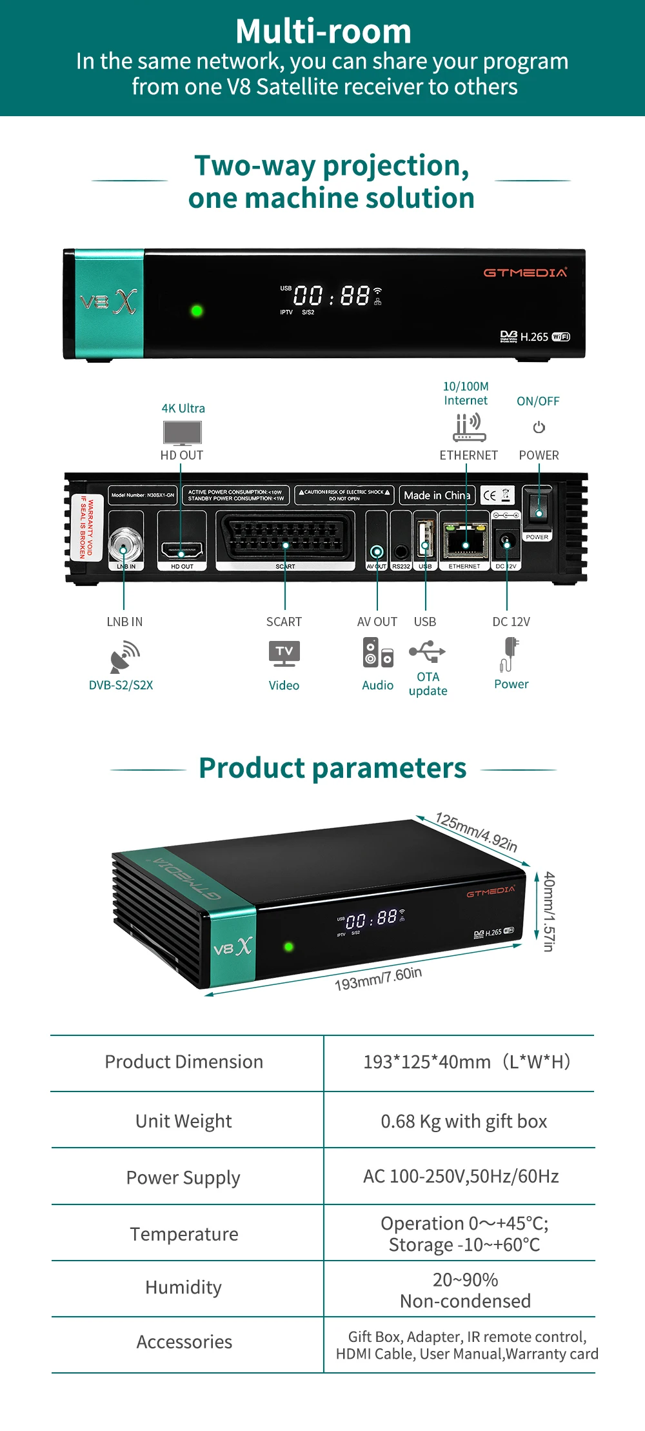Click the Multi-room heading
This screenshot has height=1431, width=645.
point(323,31)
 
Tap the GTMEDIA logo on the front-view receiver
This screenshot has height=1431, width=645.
point(525,272)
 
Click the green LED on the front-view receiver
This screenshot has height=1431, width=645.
point(197,310)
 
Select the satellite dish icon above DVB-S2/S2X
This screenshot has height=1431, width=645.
point(124,656)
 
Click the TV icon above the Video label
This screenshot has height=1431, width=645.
point(284,653)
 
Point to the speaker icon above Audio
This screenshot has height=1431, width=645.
point(377,653)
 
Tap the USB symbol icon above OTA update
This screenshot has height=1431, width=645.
point(427,651)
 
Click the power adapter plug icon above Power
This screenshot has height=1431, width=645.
point(510,653)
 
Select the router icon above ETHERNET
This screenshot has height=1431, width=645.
point(469,427)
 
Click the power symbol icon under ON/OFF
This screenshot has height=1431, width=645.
point(539,427)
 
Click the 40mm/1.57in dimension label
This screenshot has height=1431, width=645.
point(549,911)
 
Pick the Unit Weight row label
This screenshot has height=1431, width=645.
point(184,1121)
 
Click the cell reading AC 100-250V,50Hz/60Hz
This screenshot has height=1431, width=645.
point(461,1176)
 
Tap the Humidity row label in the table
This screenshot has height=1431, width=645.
point(184,1287)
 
